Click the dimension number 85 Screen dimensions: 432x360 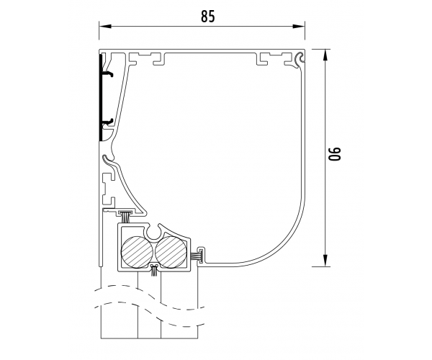click(x=207, y=17)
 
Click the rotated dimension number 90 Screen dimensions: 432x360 click(x=335, y=153)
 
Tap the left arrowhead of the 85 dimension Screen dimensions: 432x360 click(x=105, y=27)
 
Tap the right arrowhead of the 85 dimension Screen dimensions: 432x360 click(x=299, y=27)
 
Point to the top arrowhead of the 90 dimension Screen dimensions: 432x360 click(x=325, y=55)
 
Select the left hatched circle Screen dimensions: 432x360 click(x=137, y=252)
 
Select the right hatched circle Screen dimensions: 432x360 click(x=171, y=252)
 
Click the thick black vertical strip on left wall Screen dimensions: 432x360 click(x=101, y=97)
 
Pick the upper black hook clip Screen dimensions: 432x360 click(x=108, y=74)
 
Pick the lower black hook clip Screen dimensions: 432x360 click(x=108, y=121)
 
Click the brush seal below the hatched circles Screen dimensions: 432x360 click(x=154, y=270)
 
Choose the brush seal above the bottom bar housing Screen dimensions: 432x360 click(x=125, y=216)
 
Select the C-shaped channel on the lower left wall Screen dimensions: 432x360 click(x=108, y=190)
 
